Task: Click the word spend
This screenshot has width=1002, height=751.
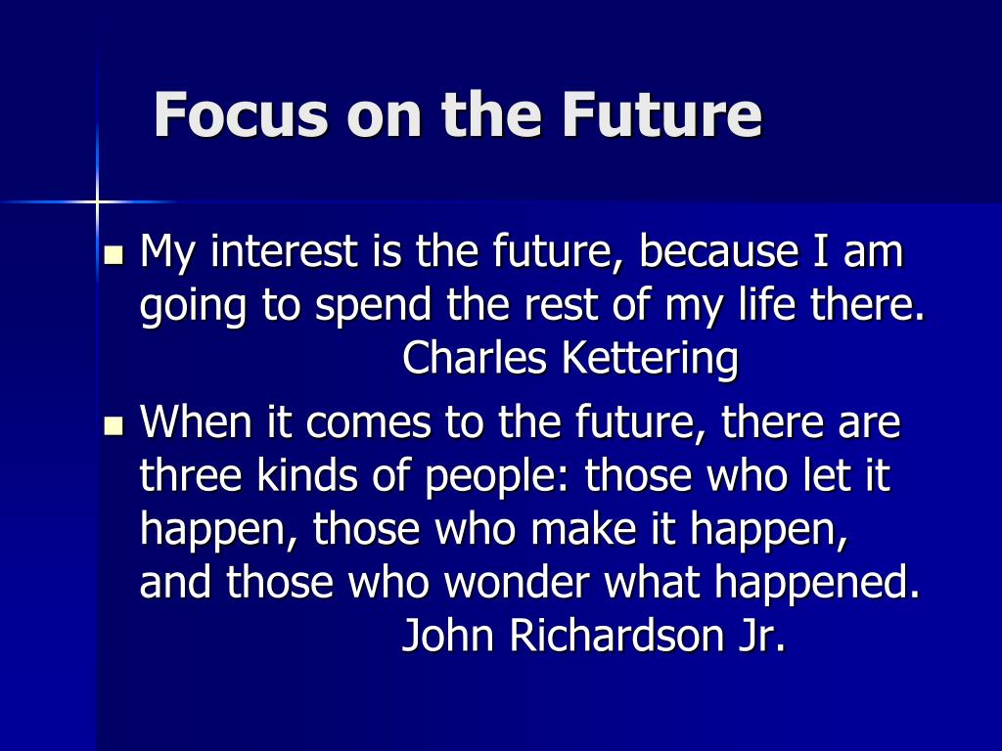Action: pos(374,306)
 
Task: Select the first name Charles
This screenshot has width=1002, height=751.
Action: pos(475,357)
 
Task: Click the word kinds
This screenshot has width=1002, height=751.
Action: pos(307,474)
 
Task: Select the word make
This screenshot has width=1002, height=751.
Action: pos(583,528)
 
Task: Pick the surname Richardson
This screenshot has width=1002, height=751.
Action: pos(616,636)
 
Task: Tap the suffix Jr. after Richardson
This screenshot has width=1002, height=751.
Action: pos(761,636)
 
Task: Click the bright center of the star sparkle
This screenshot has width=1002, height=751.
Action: pos(97,201)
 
